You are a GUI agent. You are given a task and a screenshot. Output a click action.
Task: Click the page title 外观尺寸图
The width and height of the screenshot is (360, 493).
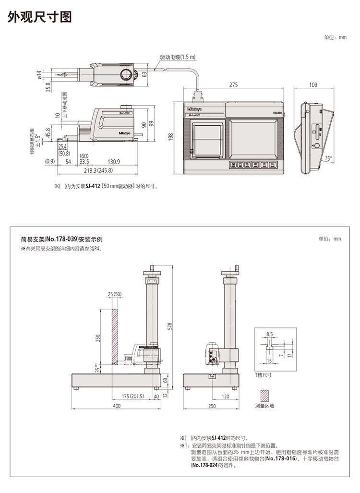pos(39,18)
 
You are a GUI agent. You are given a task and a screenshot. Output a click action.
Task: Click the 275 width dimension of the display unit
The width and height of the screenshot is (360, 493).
pos(233,85)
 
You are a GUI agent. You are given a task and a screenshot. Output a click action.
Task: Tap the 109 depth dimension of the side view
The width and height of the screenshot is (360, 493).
pos(313,85)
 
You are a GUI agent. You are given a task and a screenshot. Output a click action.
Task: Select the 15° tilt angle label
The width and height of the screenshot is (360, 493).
pos(328,158)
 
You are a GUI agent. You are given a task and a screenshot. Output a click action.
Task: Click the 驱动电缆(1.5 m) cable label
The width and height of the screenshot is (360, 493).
pos(178,57)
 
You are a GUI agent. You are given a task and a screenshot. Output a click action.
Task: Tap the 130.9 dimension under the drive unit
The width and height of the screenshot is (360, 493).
pos(114,162)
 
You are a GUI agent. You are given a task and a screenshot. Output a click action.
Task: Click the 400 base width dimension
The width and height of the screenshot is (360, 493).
pos(117,406)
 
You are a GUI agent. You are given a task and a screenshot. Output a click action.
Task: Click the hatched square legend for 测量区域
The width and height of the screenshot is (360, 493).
pos(265,395)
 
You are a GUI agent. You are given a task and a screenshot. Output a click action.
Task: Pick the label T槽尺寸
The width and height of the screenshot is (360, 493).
pos(263,374)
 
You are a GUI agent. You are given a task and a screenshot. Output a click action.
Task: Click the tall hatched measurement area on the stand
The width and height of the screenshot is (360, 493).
pos(115,336)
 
